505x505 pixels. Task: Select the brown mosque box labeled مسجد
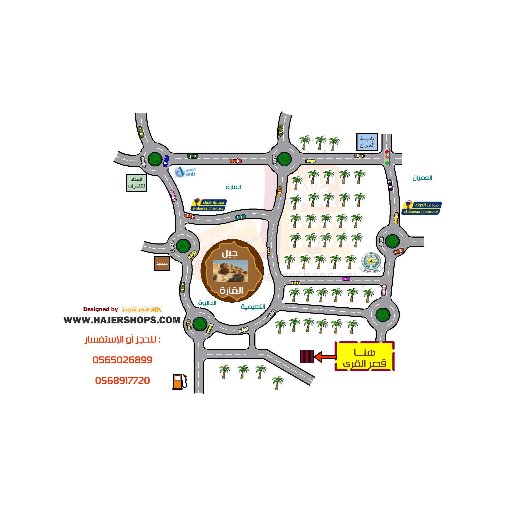click(162, 263)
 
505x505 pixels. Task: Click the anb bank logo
click(185, 172)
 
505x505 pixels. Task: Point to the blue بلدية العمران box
click(367, 142)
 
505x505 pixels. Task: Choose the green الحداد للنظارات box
click(136, 183)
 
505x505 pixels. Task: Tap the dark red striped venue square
click(307, 356)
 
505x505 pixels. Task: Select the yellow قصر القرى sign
click(365, 356)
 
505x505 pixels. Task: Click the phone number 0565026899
click(122, 360)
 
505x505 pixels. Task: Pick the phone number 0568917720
click(122, 381)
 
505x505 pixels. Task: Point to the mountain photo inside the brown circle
click(230, 271)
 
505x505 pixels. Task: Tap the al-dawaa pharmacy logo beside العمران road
click(421, 208)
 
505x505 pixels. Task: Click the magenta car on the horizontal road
click(346, 279)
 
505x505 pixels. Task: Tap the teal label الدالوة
click(207, 303)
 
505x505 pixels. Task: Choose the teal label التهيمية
click(253, 307)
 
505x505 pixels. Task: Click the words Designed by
click(100, 309)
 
